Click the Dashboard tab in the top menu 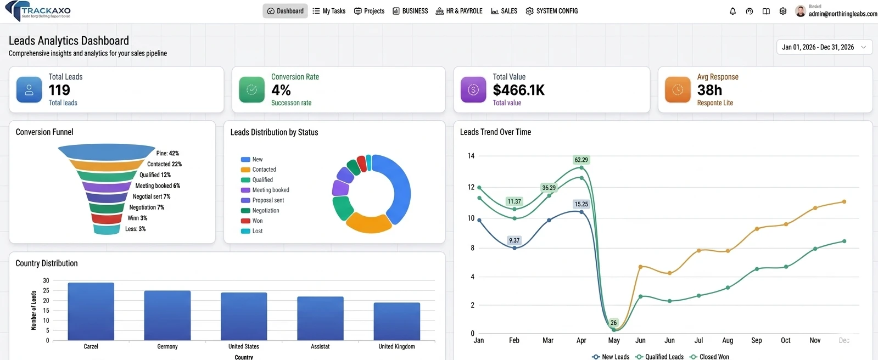tap(285, 11)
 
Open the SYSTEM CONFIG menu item tap(552, 11)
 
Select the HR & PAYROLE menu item tap(459, 11)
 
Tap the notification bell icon tap(732, 11)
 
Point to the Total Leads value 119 tap(59, 90)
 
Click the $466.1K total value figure tap(518, 90)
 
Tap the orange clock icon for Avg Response tap(678, 90)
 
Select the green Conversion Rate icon tap(251, 90)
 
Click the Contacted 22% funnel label tap(164, 164)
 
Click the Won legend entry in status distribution tap(257, 221)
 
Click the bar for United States tap(244, 316)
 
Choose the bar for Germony tap(167, 315)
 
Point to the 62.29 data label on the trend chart tap(581, 160)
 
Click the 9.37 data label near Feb tap(514, 240)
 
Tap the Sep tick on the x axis tap(756, 340)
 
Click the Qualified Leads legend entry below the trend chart tap(664, 357)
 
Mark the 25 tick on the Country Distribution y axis tap(46, 290)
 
